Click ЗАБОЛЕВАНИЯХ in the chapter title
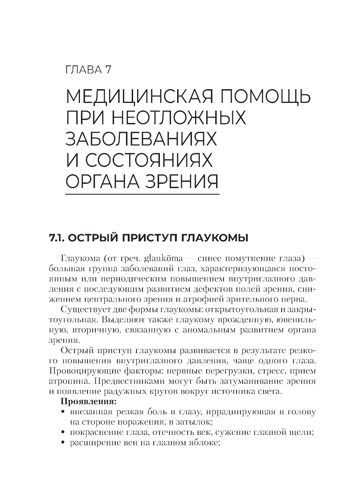click(x=141, y=139)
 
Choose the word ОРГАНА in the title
click(x=102, y=181)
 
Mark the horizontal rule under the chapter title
click(x=142, y=195)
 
